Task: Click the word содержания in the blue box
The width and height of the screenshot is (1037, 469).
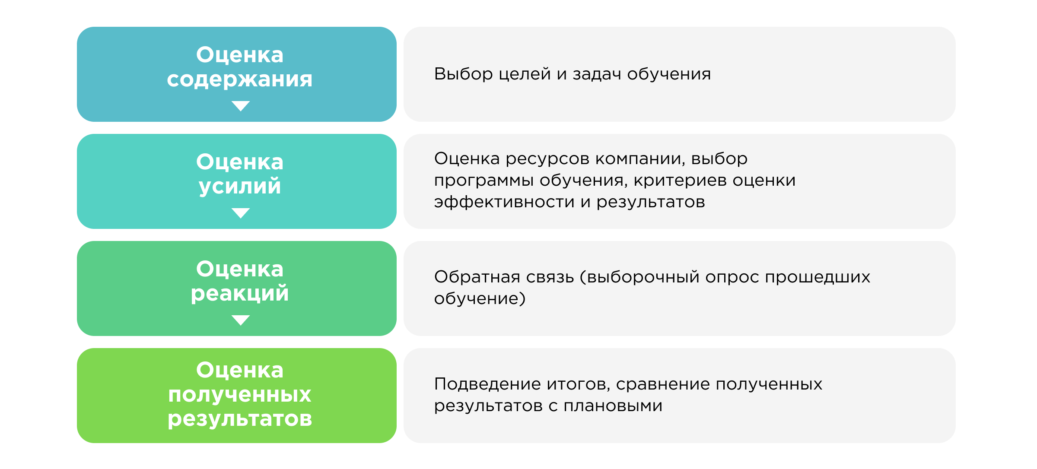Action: pyautogui.click(x=239, y=79)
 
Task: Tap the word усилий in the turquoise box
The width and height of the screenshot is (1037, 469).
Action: pyautogui.click(x=240, y=186)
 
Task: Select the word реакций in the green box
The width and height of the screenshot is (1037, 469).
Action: pyautogui.click(x=240, y=293)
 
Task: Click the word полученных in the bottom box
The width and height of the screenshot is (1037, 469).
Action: pyautogui.click(x=240, y=394)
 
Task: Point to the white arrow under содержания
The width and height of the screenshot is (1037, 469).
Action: pyautogui.click(x=241, y=106)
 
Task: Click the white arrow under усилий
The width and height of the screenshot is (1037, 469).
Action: pyautogui.click(x=241, y=213)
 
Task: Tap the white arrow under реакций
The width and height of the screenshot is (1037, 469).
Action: pyautogui.click(x=241, y=320)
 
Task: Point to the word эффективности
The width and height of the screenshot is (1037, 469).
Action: pyautogui.click(x=504, y=202)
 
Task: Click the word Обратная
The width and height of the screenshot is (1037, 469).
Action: pyautogui.click(x=476, y=277)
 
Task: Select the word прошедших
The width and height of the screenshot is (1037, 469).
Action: pyautogui.click(x=818, y=277)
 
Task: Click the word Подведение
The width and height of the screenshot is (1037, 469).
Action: pyautogui.click(x=487, y=384)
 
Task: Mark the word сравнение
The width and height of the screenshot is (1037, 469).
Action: pyautogui.click(x=656, y=384)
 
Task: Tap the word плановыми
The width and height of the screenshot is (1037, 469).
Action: pyautogui.click(x=613, y=406)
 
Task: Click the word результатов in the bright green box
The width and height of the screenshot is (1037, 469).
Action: pyautogui.click(x=240, y=418)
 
